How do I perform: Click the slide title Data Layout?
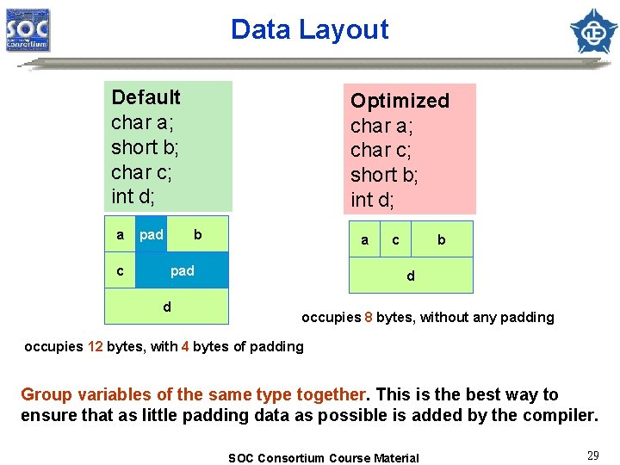pyautogui.click(x=309, y=29)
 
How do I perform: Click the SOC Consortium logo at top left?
pyautogui.click(x=28, y=30)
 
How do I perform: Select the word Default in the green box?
pyautogui.click(x=146, y=97)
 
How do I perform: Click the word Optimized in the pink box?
pyautogui.click(x=400, y=101)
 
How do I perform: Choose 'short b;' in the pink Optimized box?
pyautogui.click(x=384, y=175)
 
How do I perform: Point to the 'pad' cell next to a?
pyautogui.click(x=152, y=234)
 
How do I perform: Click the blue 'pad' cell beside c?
pyautogui.click(x=182, y=270)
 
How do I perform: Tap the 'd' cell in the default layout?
pyautogui.click(x=167, y=307)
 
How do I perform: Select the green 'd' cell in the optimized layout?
pyautogui.click(x=410, y=276)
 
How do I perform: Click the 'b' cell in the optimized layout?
pyautogui.click(x=442, y=240)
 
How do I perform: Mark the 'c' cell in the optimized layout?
pyautogui.click(x=395, y=240)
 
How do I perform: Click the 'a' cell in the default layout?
pyautogui.click(x=120, y=234)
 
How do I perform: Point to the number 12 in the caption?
pyautogui.click(x=95, y=347)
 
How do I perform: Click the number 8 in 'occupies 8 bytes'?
pyautogui.click(x=369, y=318)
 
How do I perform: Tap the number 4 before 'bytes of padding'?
pyautogui.click(x=184, y=347)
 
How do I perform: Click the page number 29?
pyautogui.click(x=593, y=456)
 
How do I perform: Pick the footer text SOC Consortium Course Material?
pyautogui.click(x=323, y=458)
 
